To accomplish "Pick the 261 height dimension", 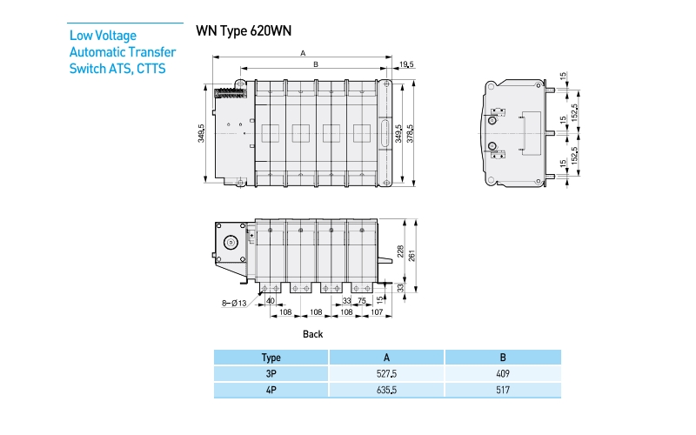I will [414, 255].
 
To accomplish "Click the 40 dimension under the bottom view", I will [271, 301].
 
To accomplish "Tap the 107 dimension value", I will [377, 311].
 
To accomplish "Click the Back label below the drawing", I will [312, 333].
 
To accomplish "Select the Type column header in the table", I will [271, 357].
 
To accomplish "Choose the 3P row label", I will [271, 373].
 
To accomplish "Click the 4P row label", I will [271, 391].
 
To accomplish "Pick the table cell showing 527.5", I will [386, 373].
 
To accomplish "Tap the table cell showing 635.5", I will [386, 391].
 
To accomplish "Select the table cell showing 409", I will [503, 373].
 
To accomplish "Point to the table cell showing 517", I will [503, 391].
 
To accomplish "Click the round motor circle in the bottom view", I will [231, 244].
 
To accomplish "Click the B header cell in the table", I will [503, 357].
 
